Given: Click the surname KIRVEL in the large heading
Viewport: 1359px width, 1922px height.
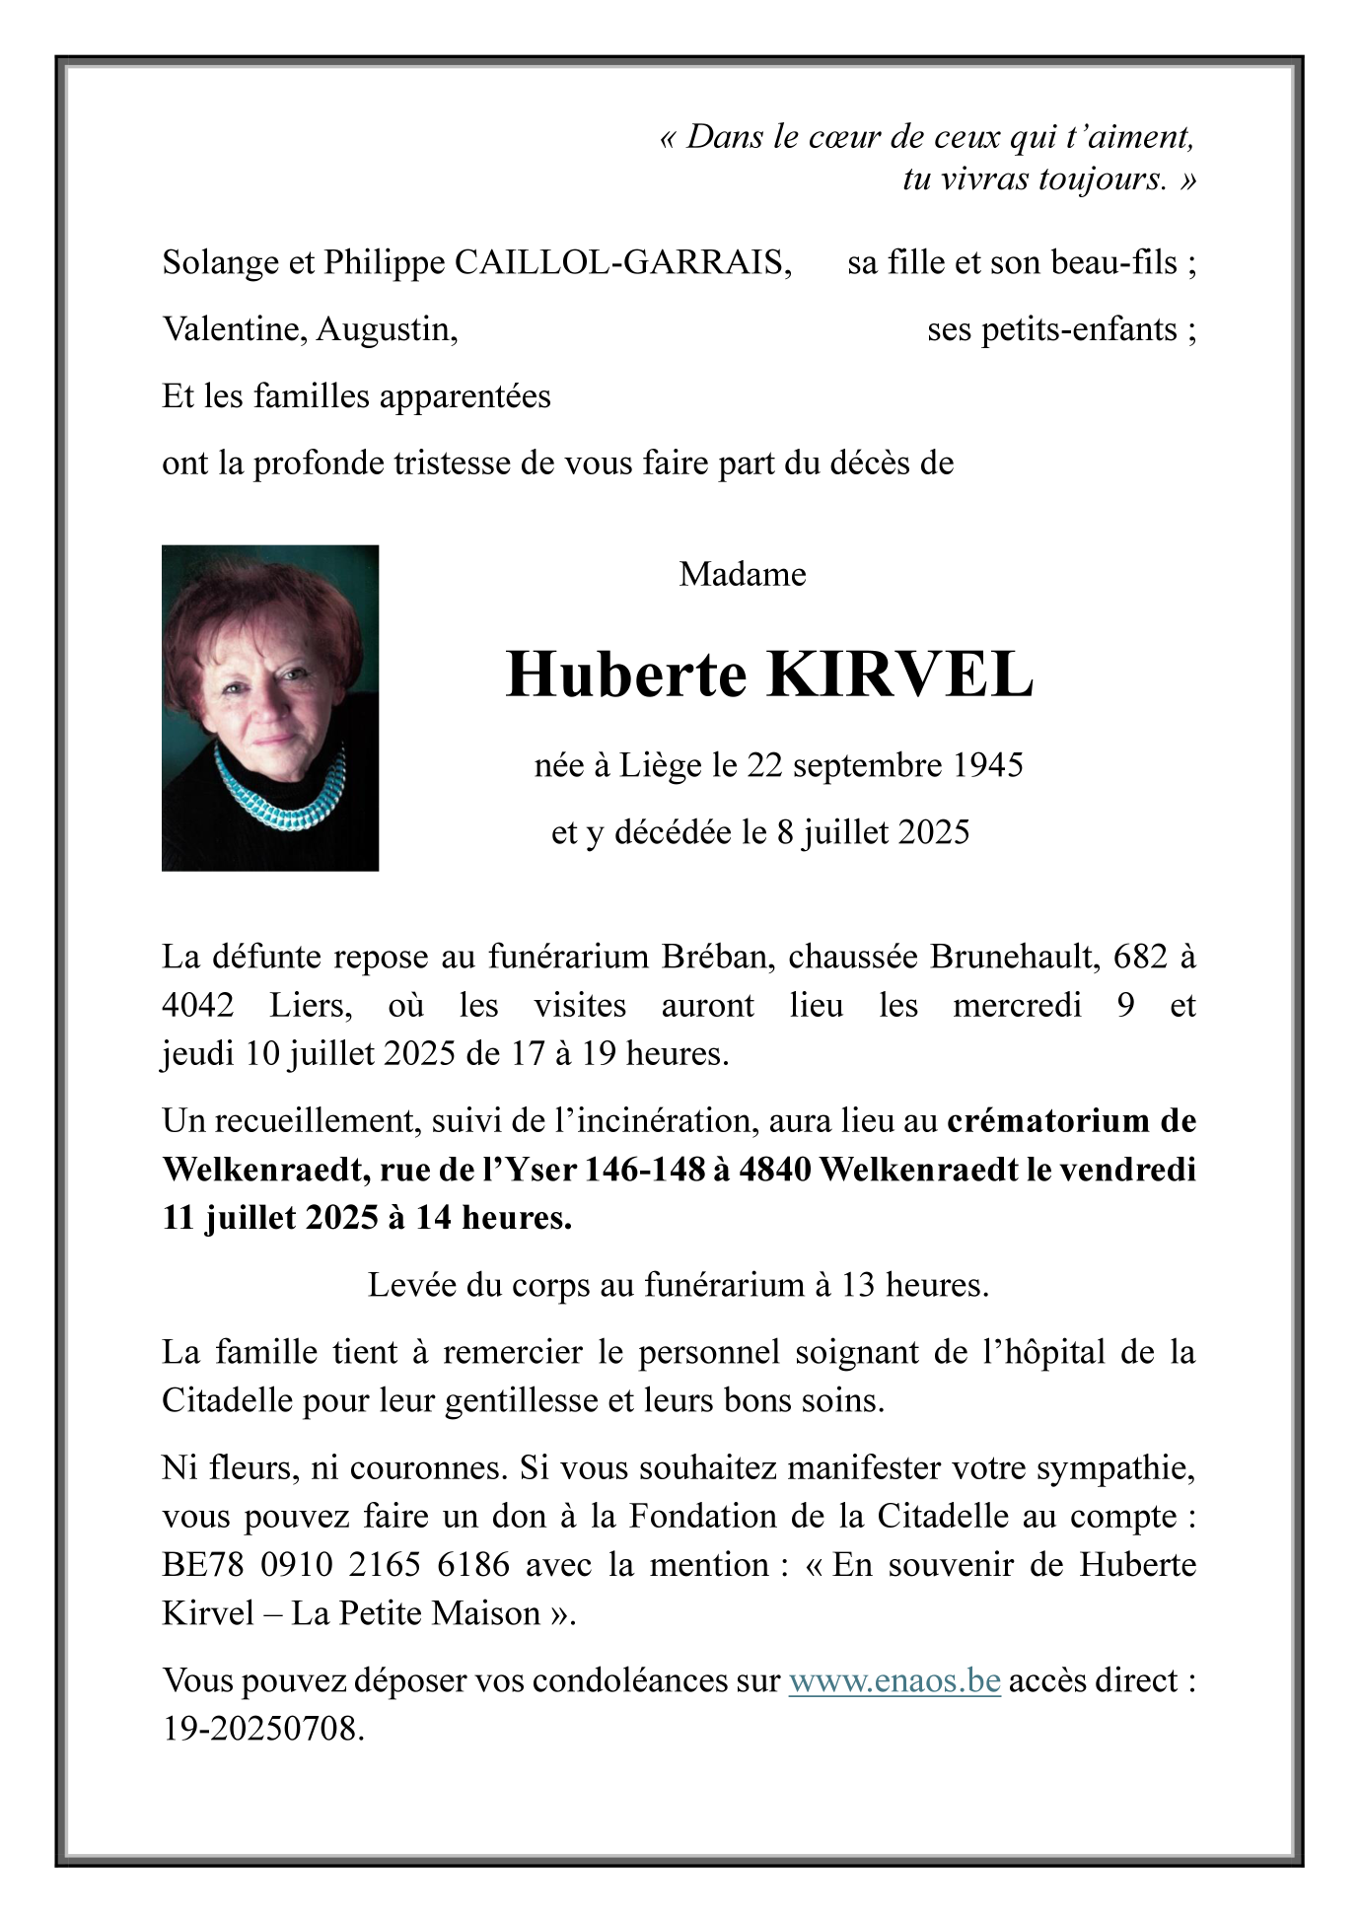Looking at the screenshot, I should (900, 676).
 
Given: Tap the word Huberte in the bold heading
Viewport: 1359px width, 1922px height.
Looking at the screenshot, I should (626, 676).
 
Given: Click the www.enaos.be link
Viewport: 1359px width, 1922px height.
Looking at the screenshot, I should (894, 1679).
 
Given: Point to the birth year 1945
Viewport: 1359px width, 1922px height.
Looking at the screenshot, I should (988, 765).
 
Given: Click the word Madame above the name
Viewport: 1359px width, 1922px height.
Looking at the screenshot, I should (743, 574).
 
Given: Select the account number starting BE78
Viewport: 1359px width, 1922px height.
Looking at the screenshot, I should (336, 1565).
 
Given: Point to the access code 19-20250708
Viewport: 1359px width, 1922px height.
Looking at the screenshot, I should (263, 1728).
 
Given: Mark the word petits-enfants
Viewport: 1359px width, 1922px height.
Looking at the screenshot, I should (1052, 329).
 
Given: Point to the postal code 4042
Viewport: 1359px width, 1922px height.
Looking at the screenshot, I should (198, 1005).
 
